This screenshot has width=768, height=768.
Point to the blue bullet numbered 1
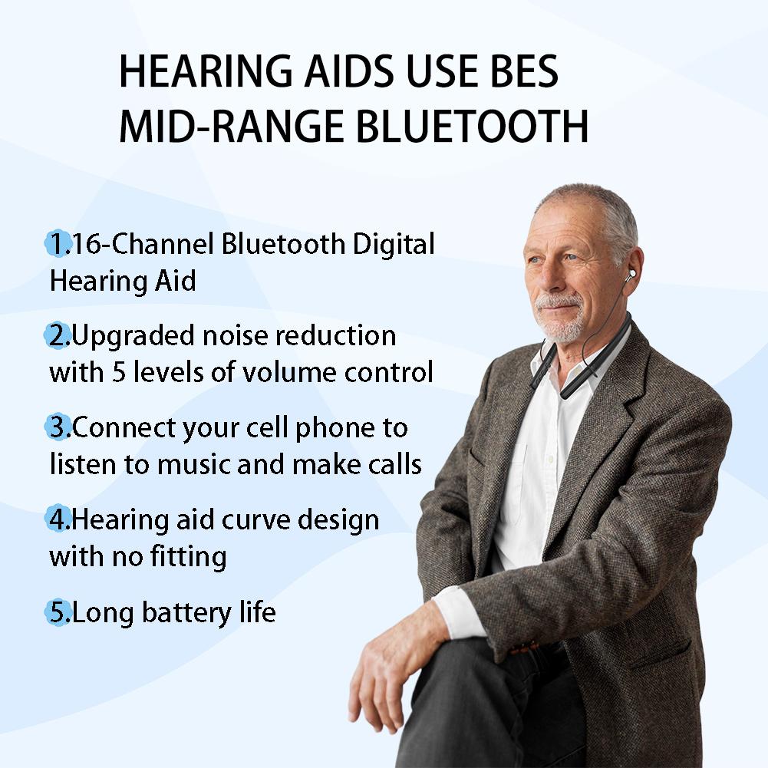(57, 244)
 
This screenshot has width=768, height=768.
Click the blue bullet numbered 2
(58, 335)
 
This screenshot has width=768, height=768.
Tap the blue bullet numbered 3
(58, 427)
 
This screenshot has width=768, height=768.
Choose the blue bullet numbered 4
(58, 519)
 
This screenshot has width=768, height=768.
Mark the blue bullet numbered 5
(58, 612)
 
